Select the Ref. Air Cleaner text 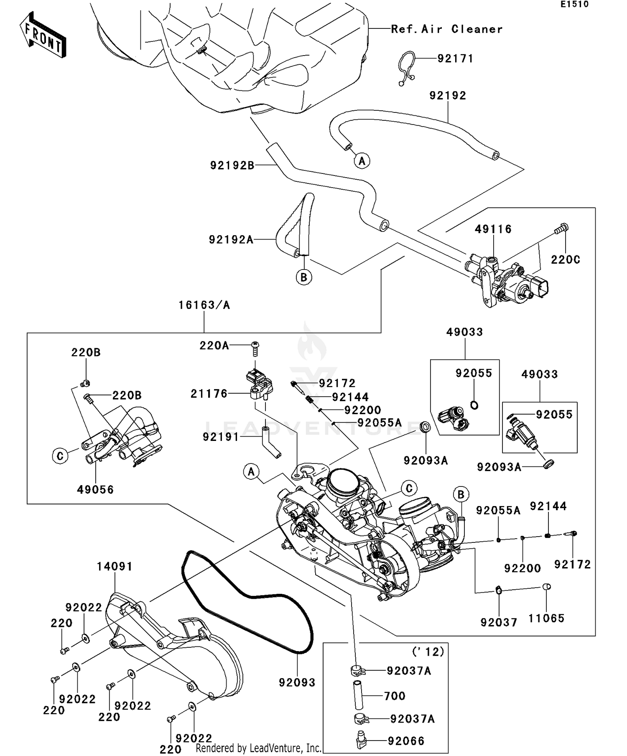(x=446, y=29)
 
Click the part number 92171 (x=455, y=59)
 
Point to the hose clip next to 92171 (x=405, y=69)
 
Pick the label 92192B (x=232, y=166)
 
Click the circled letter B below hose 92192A (x=304, y=277)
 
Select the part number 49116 (x=493, y=229)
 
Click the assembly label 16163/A (x=204, y=305)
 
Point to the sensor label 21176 (x=209, y=394)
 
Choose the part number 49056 (x=95, y=489)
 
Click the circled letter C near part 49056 (x=60, y=456)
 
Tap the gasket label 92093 (x=297, y=682)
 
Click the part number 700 (x=395, y=696)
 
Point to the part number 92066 (x=406, y=741)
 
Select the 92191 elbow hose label (x=220, y=437)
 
